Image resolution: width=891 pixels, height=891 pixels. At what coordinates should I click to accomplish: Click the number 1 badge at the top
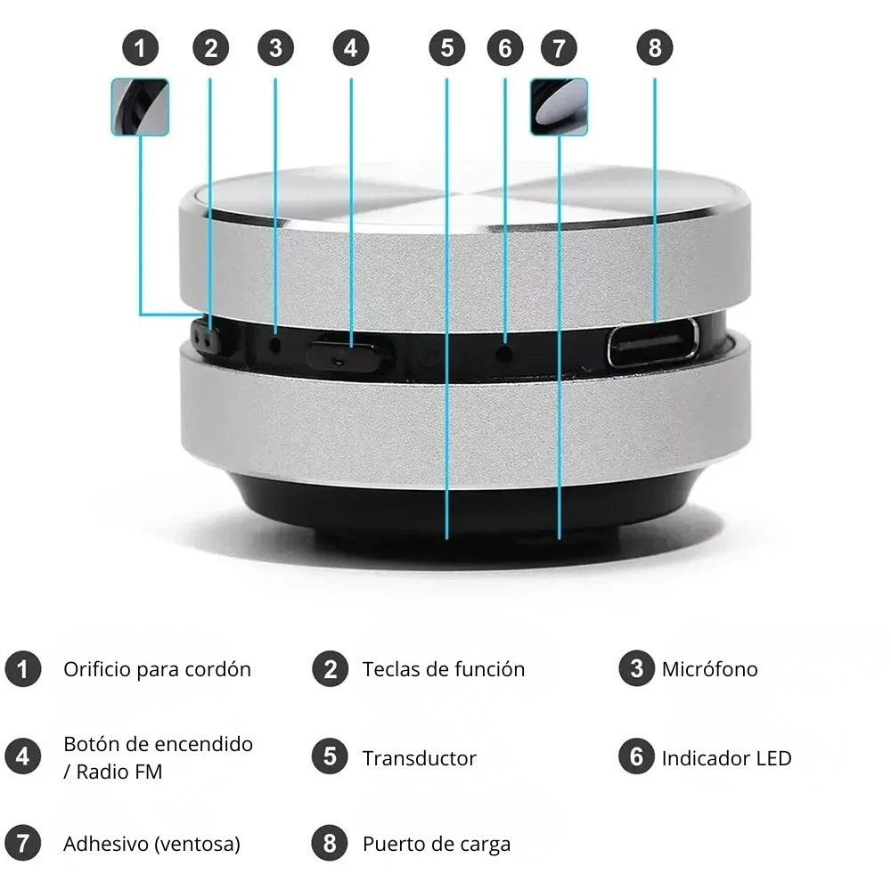click(140, 48)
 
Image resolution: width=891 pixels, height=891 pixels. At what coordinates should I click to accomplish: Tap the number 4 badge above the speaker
click(350, 48)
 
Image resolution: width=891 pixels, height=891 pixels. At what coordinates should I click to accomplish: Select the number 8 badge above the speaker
click(655, 48)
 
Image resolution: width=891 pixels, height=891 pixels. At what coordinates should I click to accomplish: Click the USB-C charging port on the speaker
click(653, 343)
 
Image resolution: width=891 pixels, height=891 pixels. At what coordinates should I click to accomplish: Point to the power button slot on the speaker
click(348, 356)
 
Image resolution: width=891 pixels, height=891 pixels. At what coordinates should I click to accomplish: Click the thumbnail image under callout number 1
click(140, 107)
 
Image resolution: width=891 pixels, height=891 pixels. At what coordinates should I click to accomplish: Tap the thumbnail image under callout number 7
click(559, 107)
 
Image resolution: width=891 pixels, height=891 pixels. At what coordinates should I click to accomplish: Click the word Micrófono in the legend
click(709, 669)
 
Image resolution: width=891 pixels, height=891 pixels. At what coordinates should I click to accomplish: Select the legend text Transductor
click(419, 758)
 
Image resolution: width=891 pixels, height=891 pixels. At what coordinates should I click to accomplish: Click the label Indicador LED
click(726, 758)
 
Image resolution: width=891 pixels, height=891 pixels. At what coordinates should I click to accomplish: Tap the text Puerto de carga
click(436, 844)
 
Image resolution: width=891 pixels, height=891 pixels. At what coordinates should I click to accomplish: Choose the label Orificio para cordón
click(157, 669)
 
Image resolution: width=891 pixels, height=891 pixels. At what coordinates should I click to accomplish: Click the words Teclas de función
click(443, 669)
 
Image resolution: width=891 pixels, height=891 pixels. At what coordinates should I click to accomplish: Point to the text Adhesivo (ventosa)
click(151, 844)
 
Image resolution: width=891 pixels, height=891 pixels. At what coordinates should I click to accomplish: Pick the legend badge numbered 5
click(330, 757)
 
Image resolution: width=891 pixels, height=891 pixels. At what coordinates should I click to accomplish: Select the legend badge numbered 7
click(23, 844)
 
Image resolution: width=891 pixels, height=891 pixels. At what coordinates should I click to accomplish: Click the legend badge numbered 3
click(636, 668)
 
